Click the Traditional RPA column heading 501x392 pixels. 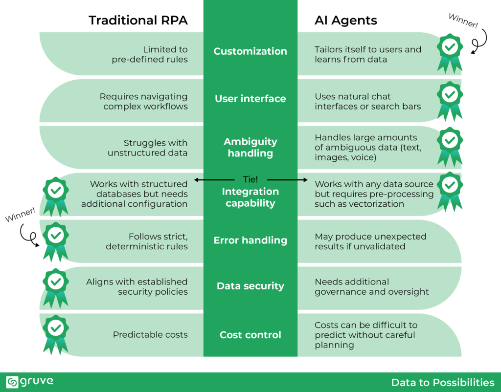138,21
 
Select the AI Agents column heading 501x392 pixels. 345,21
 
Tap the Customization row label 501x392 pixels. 250,51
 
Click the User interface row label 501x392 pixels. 250,99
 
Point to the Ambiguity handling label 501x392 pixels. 250,147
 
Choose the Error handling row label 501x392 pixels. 250,240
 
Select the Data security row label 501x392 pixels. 250,286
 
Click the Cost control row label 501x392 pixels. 250,335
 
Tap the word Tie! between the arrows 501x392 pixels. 250,179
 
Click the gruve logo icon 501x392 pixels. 12,382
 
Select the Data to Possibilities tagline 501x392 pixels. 443,382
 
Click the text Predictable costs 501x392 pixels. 150,335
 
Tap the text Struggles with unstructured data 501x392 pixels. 155,148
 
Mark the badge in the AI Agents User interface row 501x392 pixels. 449,99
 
